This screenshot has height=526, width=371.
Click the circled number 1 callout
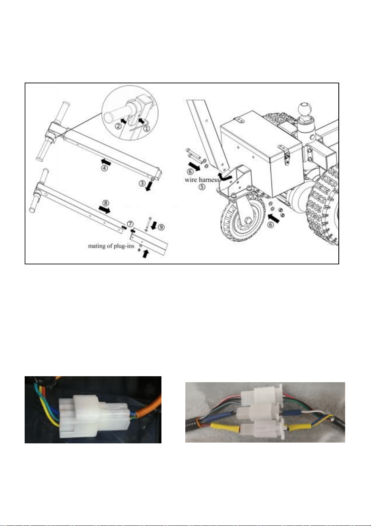(146, 129)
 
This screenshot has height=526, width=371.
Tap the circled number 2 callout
(118, 126)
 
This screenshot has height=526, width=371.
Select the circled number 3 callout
(142, 183)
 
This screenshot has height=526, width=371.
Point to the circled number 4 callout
(105, 168)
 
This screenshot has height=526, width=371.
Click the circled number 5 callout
(202, 187)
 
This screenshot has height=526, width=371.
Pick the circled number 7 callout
(130, 224)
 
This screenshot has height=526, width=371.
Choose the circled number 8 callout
(105, 203)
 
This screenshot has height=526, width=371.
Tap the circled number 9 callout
(161, 227)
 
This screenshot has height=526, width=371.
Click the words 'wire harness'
(202, 180)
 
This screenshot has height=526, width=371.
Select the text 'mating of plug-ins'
(111, 246)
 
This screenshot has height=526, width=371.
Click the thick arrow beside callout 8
(105, 210)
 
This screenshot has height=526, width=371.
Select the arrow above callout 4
(105, 162)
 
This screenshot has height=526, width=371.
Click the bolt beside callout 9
(147, 223)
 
